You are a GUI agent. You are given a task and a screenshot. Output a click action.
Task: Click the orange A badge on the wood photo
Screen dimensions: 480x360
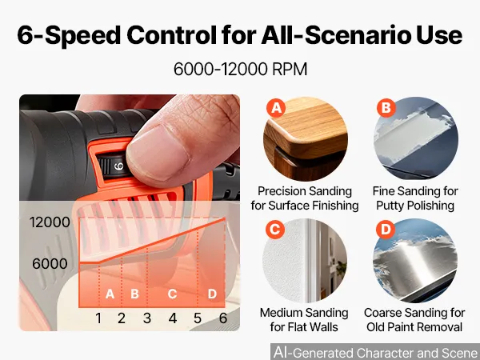click(x=276, y=108)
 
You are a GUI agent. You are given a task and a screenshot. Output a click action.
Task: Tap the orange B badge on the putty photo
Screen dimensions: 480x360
click(x=386, y=108)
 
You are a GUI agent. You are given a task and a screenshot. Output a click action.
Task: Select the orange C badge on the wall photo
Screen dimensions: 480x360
click(x=275, y=230)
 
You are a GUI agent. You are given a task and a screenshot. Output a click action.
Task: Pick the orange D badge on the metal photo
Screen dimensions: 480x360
click(x=386, y=230)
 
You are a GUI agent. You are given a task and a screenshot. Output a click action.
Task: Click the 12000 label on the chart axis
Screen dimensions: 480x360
click(x=50, y=222)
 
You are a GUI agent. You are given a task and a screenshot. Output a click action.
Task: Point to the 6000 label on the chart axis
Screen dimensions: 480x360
click(x=50, y=263)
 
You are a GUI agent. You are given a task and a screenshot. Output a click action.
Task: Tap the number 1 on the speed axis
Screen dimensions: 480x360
click(x=98, y=318)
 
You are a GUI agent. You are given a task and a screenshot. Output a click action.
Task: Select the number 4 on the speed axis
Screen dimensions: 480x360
click(x=173, y=318)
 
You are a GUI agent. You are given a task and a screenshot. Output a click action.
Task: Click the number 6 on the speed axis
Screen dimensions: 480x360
click(x=223, y=318)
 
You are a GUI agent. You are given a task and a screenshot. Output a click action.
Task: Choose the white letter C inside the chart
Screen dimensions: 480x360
click(x=172, y=294)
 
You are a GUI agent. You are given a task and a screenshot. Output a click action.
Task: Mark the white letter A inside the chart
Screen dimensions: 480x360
click(x=110, y=294)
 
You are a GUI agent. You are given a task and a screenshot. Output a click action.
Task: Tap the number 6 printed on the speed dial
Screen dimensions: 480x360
click(x=118, y=166)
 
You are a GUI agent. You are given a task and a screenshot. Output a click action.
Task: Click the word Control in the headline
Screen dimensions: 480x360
click(x=172, y=35)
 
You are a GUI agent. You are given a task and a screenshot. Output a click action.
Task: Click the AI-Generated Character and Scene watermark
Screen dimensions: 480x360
click(x=375, y=352)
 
